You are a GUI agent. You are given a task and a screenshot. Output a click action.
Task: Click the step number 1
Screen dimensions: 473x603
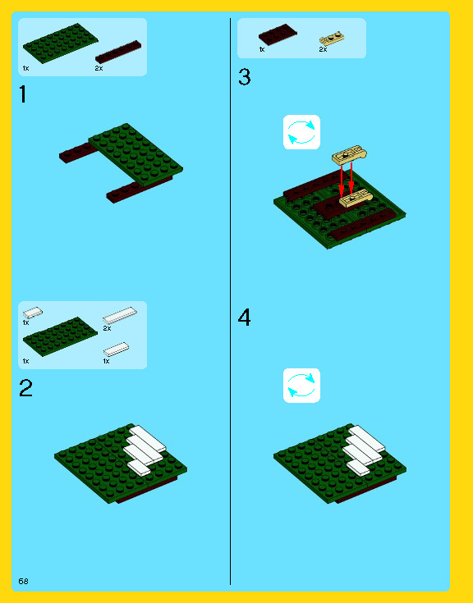[23, 94]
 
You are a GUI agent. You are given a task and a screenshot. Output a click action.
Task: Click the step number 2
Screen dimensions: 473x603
[25, 387]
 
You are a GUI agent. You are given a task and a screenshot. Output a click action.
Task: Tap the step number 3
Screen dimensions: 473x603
[245, 76]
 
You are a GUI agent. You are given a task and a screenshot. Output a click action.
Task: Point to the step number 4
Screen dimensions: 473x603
[245, 317]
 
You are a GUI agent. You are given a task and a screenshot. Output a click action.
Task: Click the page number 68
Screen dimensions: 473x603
[24, 581]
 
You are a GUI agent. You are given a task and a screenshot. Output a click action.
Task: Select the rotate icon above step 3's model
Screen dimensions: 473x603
[301, 132]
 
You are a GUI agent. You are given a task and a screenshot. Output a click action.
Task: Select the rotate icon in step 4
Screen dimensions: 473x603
[301, 386]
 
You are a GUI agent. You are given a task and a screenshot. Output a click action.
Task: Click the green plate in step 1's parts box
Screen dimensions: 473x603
[61, 43]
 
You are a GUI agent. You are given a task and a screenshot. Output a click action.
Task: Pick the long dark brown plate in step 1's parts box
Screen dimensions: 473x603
[118, 52]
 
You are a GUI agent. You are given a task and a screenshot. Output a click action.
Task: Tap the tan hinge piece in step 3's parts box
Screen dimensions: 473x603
[332, 38]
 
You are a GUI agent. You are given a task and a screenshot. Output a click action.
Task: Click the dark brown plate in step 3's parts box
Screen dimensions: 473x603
[278, 34]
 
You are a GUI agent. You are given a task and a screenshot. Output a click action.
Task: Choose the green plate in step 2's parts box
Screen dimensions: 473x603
[61, 336]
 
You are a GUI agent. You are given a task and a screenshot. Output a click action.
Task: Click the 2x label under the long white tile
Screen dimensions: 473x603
[107, 328]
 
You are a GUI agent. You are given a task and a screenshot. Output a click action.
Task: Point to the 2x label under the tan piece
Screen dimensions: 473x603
[323, 49]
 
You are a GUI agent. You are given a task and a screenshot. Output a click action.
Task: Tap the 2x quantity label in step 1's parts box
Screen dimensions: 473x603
[99, 68]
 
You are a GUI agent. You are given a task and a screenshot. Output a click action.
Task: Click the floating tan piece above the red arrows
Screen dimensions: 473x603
[350, 155]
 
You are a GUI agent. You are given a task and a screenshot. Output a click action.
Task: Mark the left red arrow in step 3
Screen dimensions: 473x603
[342, 180]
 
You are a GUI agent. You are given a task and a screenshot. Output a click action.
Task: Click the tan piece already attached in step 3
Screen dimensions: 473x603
[356, 199]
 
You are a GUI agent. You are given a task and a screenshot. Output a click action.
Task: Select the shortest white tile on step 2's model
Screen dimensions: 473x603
[139, 468]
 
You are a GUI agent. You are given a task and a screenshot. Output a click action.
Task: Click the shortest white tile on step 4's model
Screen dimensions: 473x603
[358, 468]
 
